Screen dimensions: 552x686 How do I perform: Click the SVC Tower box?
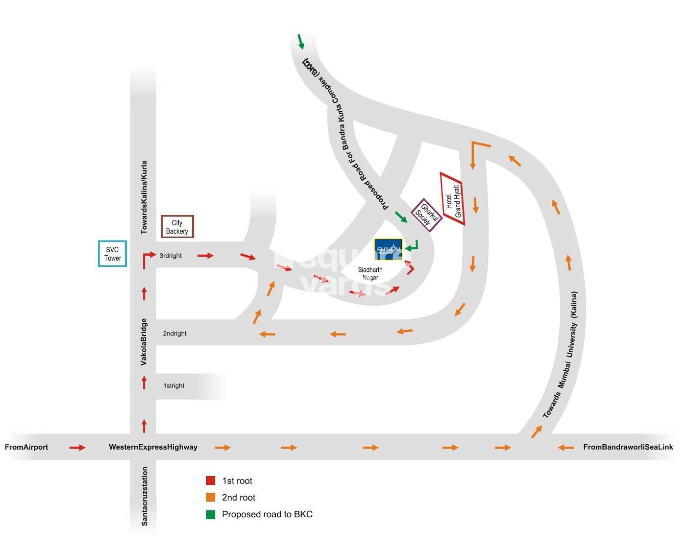click(112, 254)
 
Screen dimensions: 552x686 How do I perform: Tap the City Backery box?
click(177, 227)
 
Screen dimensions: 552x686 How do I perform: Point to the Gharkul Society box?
click(426, 215)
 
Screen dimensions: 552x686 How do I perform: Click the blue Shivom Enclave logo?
click(388, 249)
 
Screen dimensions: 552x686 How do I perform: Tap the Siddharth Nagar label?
click(370, 274)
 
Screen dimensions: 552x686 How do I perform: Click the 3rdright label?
click(171, 256)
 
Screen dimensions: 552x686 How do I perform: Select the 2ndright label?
click(174, 334)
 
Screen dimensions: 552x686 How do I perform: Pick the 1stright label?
click(173, 386)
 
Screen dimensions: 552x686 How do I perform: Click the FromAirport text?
click(26, 447)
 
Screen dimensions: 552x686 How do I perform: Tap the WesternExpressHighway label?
click(153, 447)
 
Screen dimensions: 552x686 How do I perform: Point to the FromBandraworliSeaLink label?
click(628, 447)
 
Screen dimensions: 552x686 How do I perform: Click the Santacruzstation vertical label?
click(145, 496)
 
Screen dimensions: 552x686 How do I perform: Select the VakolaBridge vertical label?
click(144, 342)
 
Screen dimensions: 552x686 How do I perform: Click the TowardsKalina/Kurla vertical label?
click(144, 197)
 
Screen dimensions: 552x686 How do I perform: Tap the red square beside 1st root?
click(211, 480)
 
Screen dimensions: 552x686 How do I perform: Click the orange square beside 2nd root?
click(211, 498)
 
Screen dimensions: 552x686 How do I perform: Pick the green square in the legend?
click(211, 514)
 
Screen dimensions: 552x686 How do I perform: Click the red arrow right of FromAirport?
click(77, 448)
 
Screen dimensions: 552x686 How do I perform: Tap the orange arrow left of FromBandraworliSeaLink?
click(566, 448)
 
